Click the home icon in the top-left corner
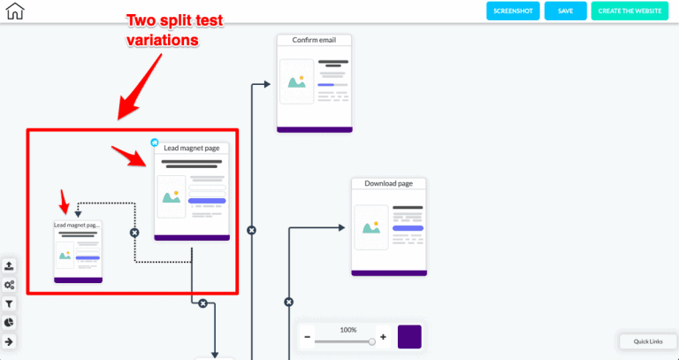pyautogui.click(x=15, y=11)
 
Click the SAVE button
pyautogui.click(x=566, y=11)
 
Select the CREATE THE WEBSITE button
pyautogui.click(x=629, y=11)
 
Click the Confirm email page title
pyautogui.click(x=314, y=40)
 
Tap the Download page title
pyautogui.click(x=388, y=183)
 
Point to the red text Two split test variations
pyautogui.click(x=174, y=30)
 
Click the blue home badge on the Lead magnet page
pyautogui.click(x=155, y=142)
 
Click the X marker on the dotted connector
pyautogui.click(x=134, y=233)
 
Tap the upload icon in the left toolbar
pyautogui.click(x=9, y=266)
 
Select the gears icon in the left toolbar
pyautogui.click(x=9, y=285)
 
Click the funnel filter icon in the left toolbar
pyautogui.click(x=9, y=303)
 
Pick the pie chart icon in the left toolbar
pyautogui.click(x=9, y=322)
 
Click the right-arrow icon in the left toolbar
pyautogui.click(x=9, y=341)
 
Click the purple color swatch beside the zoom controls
pyautogui.click(x=409, y=337)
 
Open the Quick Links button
pyautogui.click(x=648, y=341)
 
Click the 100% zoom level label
pyautogui.click(x=348, y=330)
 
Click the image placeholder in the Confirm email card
pyautogui.click(x=297, y=81)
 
